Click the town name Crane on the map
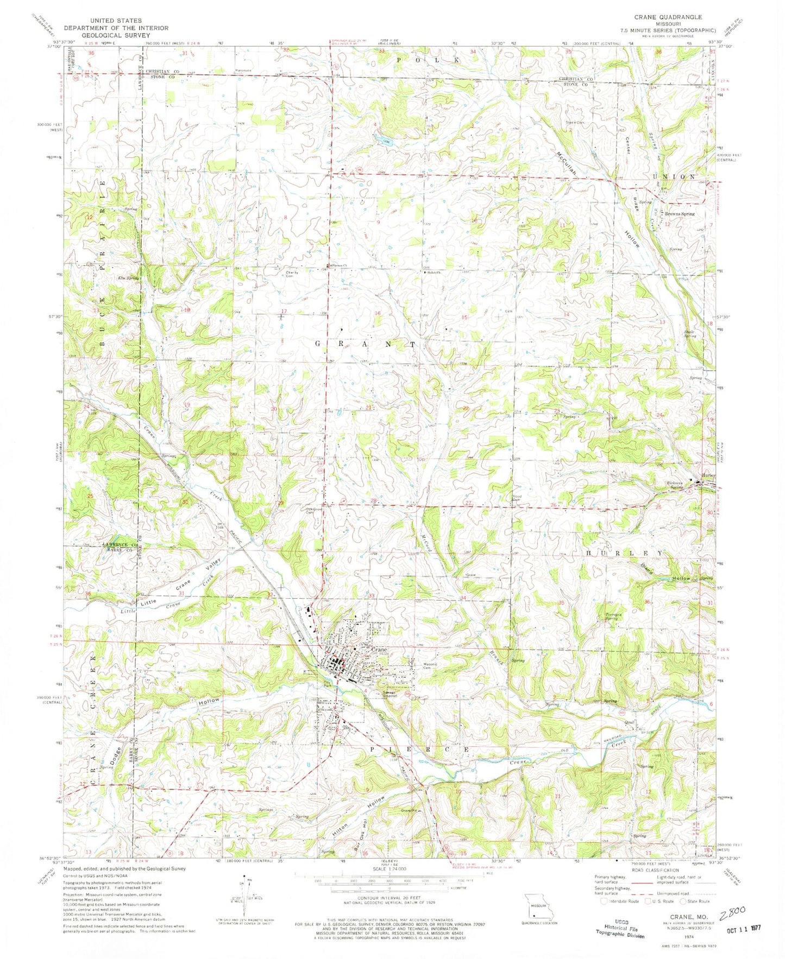(379, 649)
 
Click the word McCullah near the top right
(567, 162)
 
